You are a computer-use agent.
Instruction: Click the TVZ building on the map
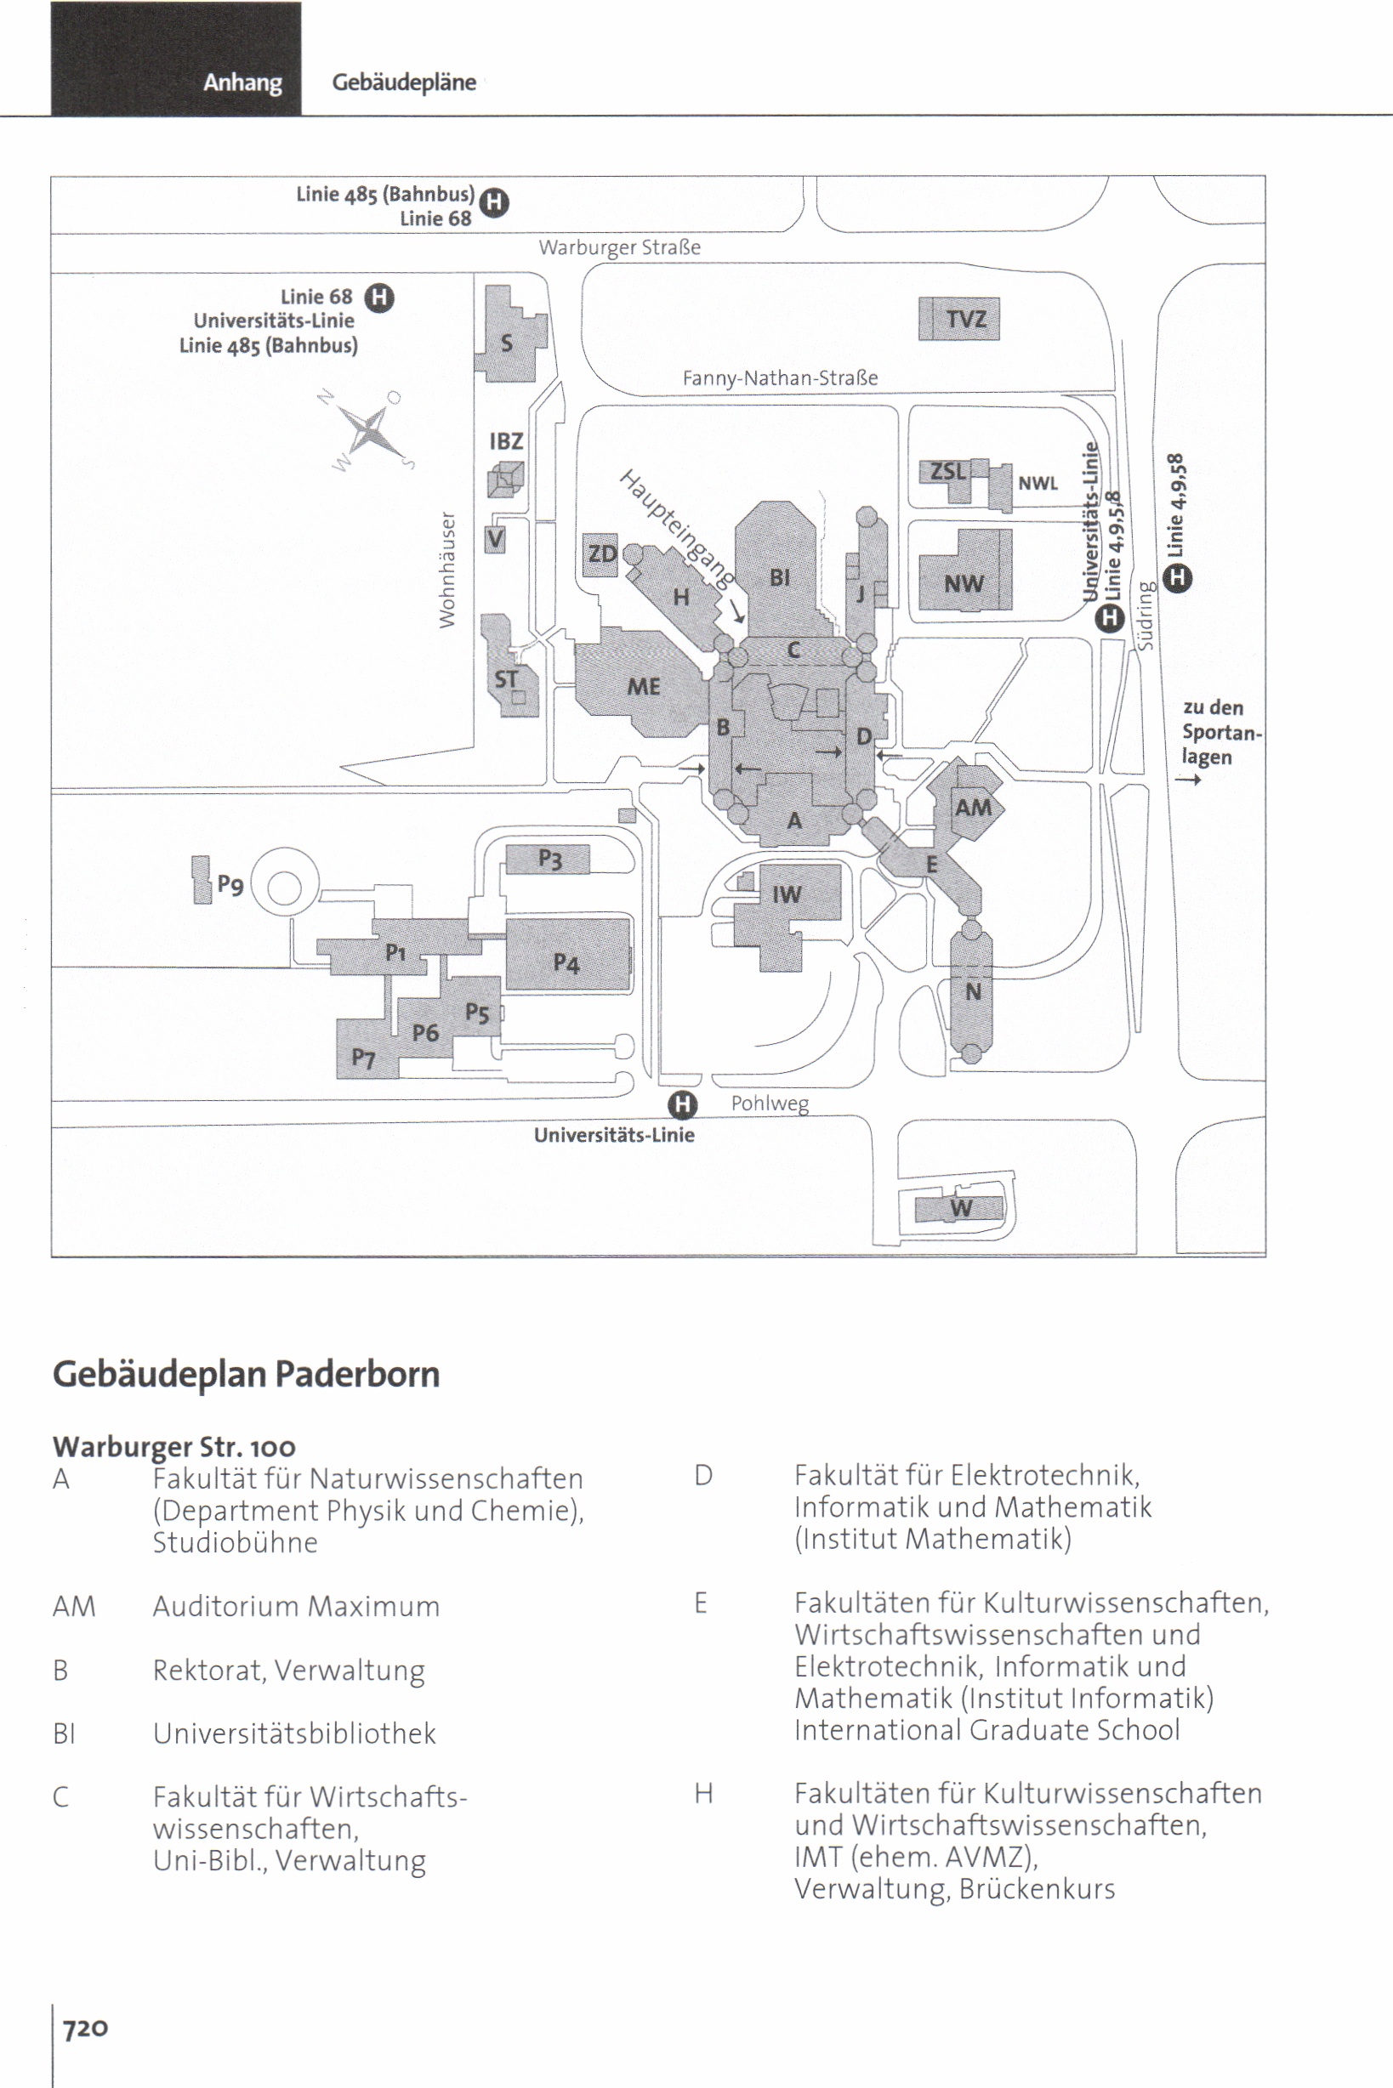coord(958,319)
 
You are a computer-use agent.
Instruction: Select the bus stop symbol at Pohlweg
coord(682,1105)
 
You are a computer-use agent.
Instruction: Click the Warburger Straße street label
coord(619,247)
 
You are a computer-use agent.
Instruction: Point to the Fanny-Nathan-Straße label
coord(779,378)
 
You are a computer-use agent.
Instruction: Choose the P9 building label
coord(230,883)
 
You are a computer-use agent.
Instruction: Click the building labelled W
coord(959,1208)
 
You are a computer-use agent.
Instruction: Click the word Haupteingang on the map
coord(677,530)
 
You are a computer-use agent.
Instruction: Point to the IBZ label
coord(505,441)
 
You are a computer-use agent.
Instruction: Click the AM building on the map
coord(972,807)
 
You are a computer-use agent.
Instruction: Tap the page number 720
coord(85,2028)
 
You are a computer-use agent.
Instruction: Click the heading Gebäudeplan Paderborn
coord(246,1374)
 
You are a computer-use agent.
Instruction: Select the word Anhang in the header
coord(242,82)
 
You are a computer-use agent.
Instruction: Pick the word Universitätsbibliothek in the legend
coord(294,1733)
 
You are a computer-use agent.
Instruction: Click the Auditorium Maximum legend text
coord(296,1606)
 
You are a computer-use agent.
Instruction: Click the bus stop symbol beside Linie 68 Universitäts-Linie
coord(379,297)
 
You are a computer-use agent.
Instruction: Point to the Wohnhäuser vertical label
coord(446,570)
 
